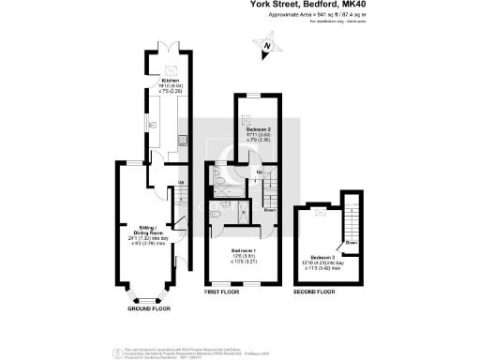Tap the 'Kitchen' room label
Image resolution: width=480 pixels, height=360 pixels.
(169, 82)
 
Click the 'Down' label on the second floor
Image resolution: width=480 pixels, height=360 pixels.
(350, 243)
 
